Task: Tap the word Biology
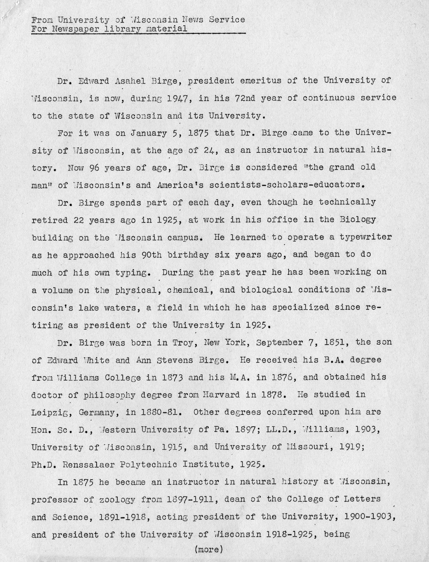[357, 220]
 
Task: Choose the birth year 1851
[336, 342]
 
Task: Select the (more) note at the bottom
[209, 549]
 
